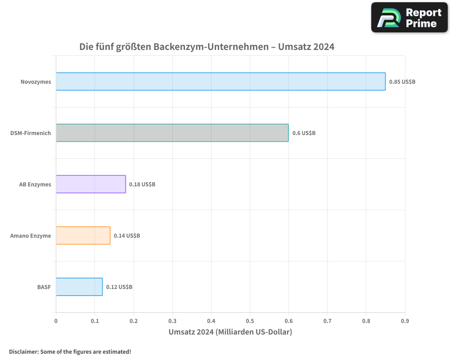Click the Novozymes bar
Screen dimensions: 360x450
pyautogui.click(x=220, y=81)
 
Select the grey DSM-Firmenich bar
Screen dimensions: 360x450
pyautogui.click(x=172, y=133)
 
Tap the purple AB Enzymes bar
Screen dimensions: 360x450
pyautogui.click(x=90, y=184)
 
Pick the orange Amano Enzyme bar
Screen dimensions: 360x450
pyautogui.click(x=83, y=235)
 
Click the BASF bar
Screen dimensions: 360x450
pyautogui.click(x=79, y=287)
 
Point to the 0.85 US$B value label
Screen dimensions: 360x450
pyautogui.click(x=402, y=82)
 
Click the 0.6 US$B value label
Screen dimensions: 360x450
pyautogui.click(x=304, y=133)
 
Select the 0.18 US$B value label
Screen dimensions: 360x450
pyautogui.click(x=142, y=184)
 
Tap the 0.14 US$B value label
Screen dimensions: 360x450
pyautogui.click(x=126, y=236)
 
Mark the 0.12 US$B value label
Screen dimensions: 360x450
pyautogui.click(x=119, y=287)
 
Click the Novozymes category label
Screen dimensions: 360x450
pyautogui.click(x=36, y=82)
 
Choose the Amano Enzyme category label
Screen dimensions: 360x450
pyautogui.click(x=31, y=236)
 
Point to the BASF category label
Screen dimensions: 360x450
pyautogui.click(x=44, y=287)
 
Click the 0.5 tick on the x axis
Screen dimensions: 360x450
pyautogui.click(x=250, y=321)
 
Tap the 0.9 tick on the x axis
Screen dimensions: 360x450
pyautogui.click(x=405, y=321)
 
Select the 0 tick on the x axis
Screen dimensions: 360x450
pyautogui.click(x=56, y=321)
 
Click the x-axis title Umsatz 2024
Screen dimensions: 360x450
pyautogui.click(x=230, y=332)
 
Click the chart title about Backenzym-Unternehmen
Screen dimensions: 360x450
pyautogui.click(x=207, y=47)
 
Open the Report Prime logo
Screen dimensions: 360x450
pyautogui.click(x=409, y=18)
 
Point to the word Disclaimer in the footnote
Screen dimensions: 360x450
pyautogui.click(x=23, y=351)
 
